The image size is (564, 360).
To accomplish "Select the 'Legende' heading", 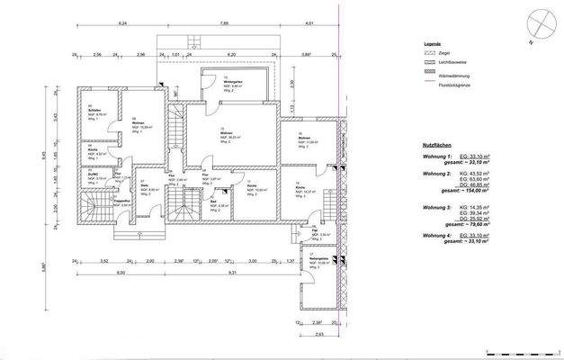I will click(434, 42).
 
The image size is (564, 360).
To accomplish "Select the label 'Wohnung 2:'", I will click(437, 172).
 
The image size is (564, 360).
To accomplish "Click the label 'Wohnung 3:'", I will click(437, 208).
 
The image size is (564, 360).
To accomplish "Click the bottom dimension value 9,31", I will click(232, 271).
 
